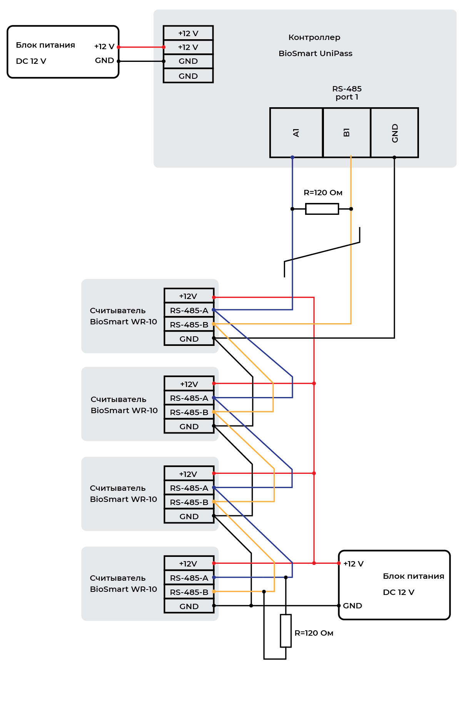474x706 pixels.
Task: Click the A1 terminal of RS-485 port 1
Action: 296,133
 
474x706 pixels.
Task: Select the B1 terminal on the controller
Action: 347,133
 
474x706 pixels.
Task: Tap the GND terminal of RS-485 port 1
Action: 394,133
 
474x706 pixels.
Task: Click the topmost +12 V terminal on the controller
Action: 188,33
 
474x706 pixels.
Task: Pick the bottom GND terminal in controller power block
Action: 188,76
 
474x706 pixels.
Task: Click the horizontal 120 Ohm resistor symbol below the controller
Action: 322,209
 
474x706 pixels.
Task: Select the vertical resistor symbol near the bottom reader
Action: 285,631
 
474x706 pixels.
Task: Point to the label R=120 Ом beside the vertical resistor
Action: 314,633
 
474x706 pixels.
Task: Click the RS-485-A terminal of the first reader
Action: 189,310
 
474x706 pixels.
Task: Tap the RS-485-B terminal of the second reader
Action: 189,412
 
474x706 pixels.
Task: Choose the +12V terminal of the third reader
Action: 189,473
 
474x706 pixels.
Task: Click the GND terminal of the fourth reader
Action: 189,606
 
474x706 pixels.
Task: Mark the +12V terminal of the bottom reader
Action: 189,563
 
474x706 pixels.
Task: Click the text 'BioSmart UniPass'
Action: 315,53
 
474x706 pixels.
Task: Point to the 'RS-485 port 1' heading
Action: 347,93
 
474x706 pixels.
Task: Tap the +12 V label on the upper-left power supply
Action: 104,47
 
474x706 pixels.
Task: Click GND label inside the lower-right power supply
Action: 352,606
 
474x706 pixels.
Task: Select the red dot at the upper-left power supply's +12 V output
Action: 118,47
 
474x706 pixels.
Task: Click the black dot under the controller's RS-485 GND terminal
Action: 394,157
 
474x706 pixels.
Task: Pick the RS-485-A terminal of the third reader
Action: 189,488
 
